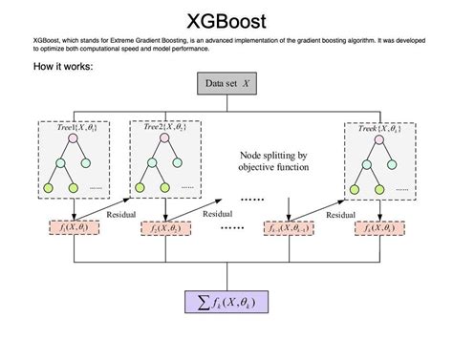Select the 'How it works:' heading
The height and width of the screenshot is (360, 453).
63,67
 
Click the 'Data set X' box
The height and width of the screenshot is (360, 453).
226,84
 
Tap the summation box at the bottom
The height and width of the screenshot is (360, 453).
226,304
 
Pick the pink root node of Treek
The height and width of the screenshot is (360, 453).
378,140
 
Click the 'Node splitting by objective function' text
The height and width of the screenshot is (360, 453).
275,161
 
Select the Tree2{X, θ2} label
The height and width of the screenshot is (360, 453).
168,127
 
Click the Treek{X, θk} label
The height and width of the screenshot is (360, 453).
378,127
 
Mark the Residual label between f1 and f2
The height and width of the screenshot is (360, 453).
121,216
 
